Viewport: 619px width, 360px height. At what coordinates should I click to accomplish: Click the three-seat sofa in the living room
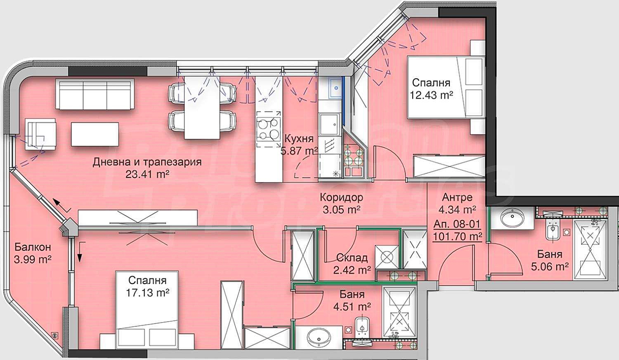coord(95,94)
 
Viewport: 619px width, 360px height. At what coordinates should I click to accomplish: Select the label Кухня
coord(299,138)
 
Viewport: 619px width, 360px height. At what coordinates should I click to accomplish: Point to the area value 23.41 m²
coord(147,174)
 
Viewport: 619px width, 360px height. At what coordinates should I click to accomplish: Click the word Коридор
coord(342,197)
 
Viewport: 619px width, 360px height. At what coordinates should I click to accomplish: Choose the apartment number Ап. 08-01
coord(457,224)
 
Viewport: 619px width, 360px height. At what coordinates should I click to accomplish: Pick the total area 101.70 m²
coord(458,237)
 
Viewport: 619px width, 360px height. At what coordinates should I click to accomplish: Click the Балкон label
coord(33,247)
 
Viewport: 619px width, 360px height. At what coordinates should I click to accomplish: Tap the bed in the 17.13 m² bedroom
coord(147,310)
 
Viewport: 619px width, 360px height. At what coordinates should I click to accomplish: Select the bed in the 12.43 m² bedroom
coord(446,88)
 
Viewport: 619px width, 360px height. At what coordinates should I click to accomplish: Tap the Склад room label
coord(352,258)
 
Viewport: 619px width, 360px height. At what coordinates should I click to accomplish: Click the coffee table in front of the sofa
coord(95,134)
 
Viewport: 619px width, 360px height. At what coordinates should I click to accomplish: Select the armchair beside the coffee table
coord(40,134)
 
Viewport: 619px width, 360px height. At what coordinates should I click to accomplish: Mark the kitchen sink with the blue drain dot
coord(335,88)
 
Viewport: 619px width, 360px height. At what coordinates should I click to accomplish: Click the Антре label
coord(457,197)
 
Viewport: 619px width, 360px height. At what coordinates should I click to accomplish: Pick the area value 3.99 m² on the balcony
coord(33,259)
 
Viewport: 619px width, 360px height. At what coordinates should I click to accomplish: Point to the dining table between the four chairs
coord(202,107)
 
